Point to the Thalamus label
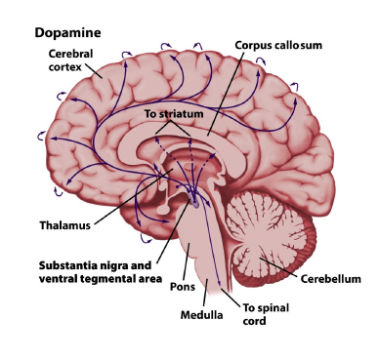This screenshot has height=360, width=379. [65, 224]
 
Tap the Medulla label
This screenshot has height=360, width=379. [202, 314]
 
